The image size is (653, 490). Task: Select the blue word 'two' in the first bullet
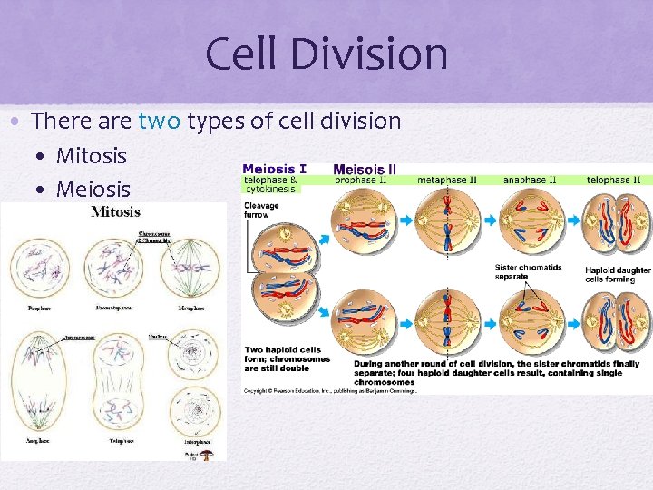pos(160,121)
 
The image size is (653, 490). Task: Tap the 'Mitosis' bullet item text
pos(92,155)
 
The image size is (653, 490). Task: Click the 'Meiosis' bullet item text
pos(93,190)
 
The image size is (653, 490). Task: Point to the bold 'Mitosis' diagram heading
pos(115,212)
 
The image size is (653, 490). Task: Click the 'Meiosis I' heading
pos(274,169)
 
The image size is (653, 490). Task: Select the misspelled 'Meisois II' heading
pos(365,169)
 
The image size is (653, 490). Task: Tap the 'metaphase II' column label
pos(447,181)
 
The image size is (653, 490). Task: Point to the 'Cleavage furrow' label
pos(261,211)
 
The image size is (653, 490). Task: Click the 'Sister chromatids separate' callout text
pos(529,271)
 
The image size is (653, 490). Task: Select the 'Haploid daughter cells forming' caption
pos(618,274)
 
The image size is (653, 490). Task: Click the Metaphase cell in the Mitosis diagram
pos(190,267)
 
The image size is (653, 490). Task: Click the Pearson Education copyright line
pos(330,390)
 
